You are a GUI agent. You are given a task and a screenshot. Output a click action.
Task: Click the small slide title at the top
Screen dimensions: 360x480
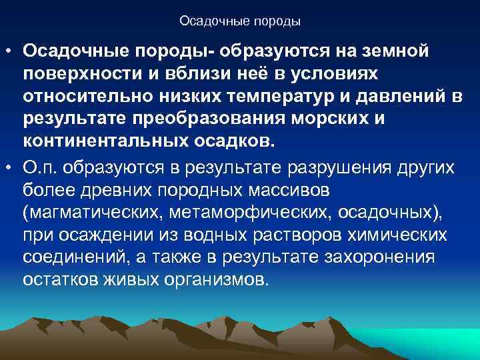point(240,21)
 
